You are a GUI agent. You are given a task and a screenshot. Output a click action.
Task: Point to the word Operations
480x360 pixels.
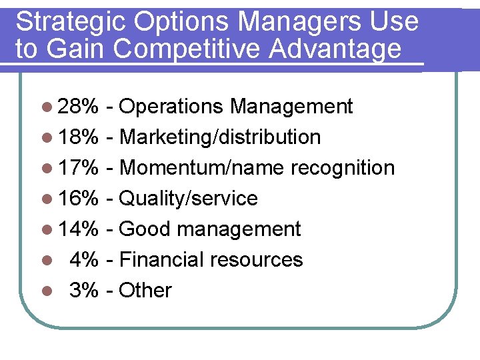173,107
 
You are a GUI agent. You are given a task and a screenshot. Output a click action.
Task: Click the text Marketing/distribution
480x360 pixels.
221,137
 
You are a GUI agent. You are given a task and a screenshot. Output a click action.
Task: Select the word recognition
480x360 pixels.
343,168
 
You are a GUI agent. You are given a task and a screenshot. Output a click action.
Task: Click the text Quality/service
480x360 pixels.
189,199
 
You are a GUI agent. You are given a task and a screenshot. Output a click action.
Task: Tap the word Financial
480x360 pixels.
162,260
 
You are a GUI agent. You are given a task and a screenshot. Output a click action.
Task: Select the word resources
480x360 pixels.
257,260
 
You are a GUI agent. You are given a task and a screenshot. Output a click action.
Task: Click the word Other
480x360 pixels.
145,291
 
